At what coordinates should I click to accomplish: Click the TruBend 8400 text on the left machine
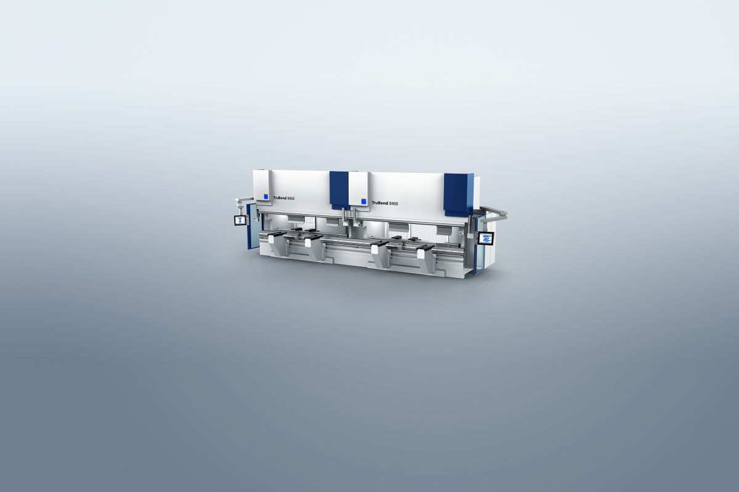coord(284,198)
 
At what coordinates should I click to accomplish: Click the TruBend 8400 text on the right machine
coord(385,204)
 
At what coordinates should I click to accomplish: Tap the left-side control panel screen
coord(241,220)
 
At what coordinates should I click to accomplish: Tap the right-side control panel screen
coord(486,239)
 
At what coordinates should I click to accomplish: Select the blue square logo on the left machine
coord(266,196)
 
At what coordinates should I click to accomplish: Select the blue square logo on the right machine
coord(364,201)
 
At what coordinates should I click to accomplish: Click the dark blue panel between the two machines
coord(339,189)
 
